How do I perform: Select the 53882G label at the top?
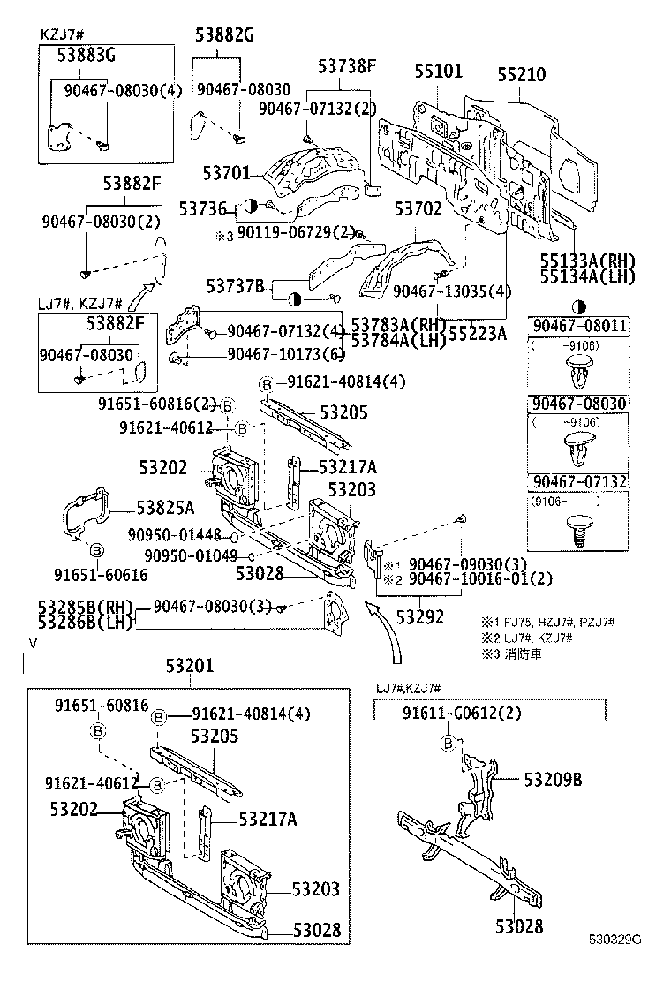tap(224, 35)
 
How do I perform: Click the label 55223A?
tap(478, 333)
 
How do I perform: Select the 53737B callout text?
tap(235, 285)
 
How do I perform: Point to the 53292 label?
tap(420, 617)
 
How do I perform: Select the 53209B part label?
tap(553, 780)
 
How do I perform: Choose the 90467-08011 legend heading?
tap(578, 326)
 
